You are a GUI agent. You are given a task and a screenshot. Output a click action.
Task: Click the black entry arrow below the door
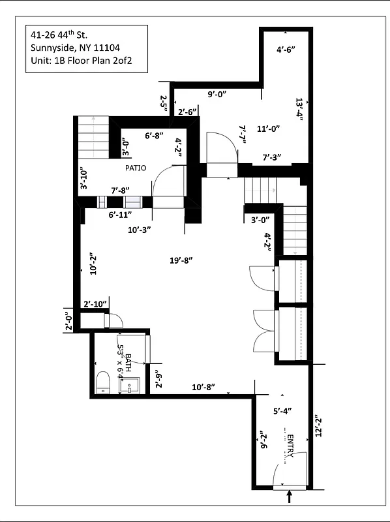290,498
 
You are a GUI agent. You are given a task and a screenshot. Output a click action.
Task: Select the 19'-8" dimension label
181,260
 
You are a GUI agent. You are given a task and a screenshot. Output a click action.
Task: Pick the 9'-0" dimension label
217,94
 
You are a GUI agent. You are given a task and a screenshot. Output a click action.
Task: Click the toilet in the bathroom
103,382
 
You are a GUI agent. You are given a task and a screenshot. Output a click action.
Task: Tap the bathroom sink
130,385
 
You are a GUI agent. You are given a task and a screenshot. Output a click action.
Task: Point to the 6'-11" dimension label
121,214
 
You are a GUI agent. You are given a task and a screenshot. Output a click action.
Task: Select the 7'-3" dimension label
271,157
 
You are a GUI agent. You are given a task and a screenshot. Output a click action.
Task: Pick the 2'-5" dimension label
164,102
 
